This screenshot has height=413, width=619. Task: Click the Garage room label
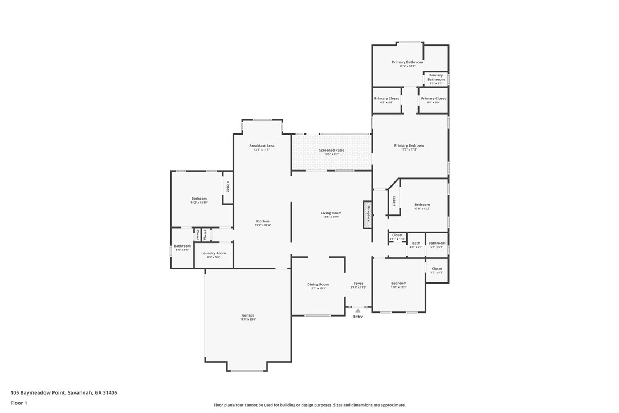[248, 315]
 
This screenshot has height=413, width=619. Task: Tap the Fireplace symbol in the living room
[368, 214]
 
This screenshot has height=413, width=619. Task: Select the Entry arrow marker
[358, 310]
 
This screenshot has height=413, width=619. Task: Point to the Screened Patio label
[331, 151]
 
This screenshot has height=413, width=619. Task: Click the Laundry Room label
[213, 253]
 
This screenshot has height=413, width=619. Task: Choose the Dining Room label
[318, 284]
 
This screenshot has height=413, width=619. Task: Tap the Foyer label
[358, 284]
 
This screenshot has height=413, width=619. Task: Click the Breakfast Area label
[262, 146]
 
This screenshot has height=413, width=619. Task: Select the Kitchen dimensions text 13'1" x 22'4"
[263, 225]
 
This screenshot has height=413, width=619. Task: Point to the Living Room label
[331, 213]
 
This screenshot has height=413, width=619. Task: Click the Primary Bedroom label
[409, 145]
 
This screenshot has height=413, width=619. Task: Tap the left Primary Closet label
[386, 99]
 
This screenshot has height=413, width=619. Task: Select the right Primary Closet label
[433, 99]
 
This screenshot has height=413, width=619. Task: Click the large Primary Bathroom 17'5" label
[407, 62]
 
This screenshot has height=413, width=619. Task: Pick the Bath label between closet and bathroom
[416, 244]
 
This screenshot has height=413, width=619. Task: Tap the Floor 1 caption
[19, 403]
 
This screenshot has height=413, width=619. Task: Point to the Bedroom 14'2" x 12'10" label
[199, 199]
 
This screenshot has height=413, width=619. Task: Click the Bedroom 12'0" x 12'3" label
[398, 284]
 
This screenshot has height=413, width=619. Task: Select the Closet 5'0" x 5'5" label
[437, 269]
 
